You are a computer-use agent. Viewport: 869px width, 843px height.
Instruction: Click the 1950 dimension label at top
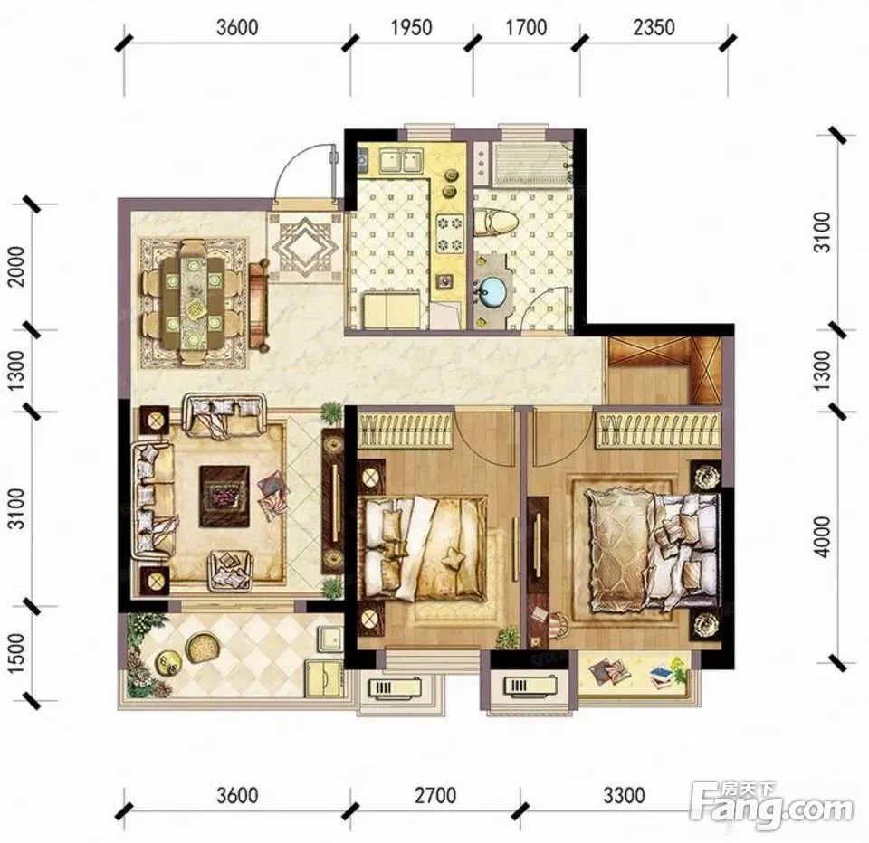pos(411,27)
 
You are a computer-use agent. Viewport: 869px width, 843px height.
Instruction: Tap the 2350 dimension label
pos(654,27)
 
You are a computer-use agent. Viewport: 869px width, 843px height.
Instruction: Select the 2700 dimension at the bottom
pos(435,795)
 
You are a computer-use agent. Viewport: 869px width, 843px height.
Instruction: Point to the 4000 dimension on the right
pos(825,536)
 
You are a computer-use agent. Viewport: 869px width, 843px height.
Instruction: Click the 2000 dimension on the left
pos(18,267)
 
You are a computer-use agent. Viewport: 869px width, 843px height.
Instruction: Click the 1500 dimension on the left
pos(18,653)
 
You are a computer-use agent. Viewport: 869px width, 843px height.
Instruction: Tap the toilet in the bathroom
pos(496,221)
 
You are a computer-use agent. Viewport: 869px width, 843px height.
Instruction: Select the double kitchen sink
pos(399,160)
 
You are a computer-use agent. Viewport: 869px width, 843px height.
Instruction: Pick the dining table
pos(193,301)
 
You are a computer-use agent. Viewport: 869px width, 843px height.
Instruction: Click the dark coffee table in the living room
pos(224,496)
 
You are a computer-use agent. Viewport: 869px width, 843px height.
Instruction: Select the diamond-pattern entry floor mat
pos(307,247)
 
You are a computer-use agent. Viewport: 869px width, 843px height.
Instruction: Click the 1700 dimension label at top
pos(526,27)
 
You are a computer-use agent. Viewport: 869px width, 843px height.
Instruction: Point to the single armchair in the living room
pos(230,570)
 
